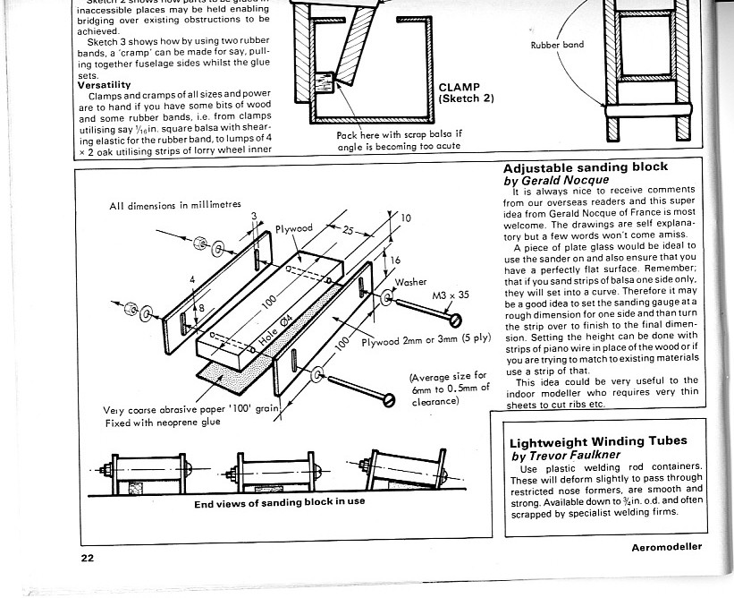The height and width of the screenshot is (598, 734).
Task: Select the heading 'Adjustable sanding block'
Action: coord(585,167)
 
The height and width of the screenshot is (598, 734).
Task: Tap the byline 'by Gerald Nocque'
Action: coord(554,179)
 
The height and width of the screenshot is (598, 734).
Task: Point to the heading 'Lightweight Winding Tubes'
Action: coord(597,441)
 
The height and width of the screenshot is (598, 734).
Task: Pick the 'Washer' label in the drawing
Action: coord(412,281)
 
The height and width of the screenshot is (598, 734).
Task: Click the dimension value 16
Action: coord(398,259)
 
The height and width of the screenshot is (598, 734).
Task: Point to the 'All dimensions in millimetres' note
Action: coord(175,205)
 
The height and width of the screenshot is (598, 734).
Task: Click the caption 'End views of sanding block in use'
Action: coord(279,501)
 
